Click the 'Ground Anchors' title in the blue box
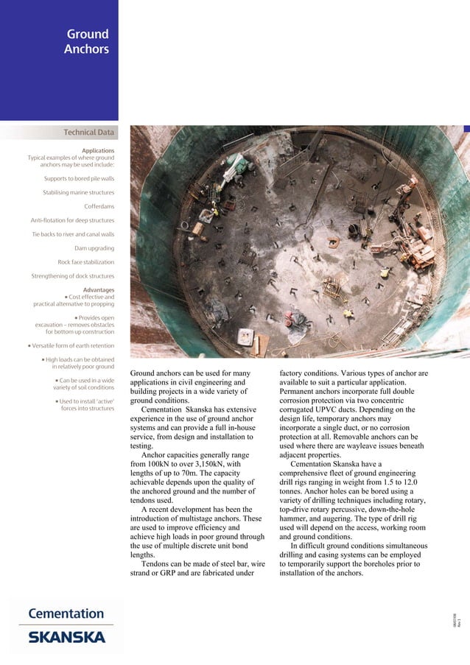pos(88,42)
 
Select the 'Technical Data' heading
pos(89,133)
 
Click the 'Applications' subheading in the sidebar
pos(98,150)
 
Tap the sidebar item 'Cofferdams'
pos(99,206)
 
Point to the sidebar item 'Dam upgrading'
pos(94,248)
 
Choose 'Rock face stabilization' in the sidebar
pos(86,262)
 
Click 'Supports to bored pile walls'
pos(79,178)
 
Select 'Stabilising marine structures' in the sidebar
pos(78,192)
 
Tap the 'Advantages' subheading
pos(99,289)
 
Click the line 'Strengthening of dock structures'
pos(73,276)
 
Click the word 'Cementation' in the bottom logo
pos(66,613)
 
